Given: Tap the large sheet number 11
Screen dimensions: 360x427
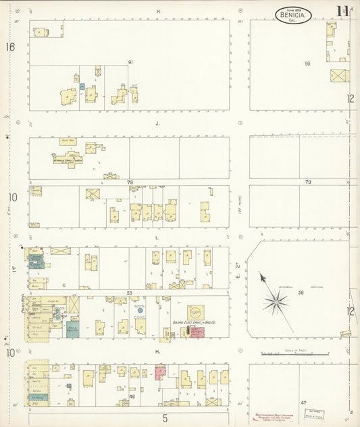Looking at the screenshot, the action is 342,11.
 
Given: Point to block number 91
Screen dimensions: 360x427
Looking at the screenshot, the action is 130,62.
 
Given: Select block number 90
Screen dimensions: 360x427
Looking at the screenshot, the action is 307,64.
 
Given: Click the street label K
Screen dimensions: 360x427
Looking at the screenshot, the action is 158,11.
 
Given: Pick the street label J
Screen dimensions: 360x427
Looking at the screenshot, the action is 157,124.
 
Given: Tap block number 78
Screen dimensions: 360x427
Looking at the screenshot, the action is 130,182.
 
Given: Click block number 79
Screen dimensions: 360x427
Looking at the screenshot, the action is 307,182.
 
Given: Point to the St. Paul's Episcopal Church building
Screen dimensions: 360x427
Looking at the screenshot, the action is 70,157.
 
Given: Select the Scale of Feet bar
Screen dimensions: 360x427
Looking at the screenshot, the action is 296,353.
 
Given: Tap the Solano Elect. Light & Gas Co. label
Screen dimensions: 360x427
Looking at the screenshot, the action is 194,324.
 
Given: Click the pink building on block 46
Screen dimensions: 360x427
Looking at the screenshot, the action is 160,371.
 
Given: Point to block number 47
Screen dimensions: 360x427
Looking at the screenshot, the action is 304,403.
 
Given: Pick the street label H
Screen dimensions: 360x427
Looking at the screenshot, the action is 157,351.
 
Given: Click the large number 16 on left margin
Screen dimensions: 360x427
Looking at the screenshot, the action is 10,47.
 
